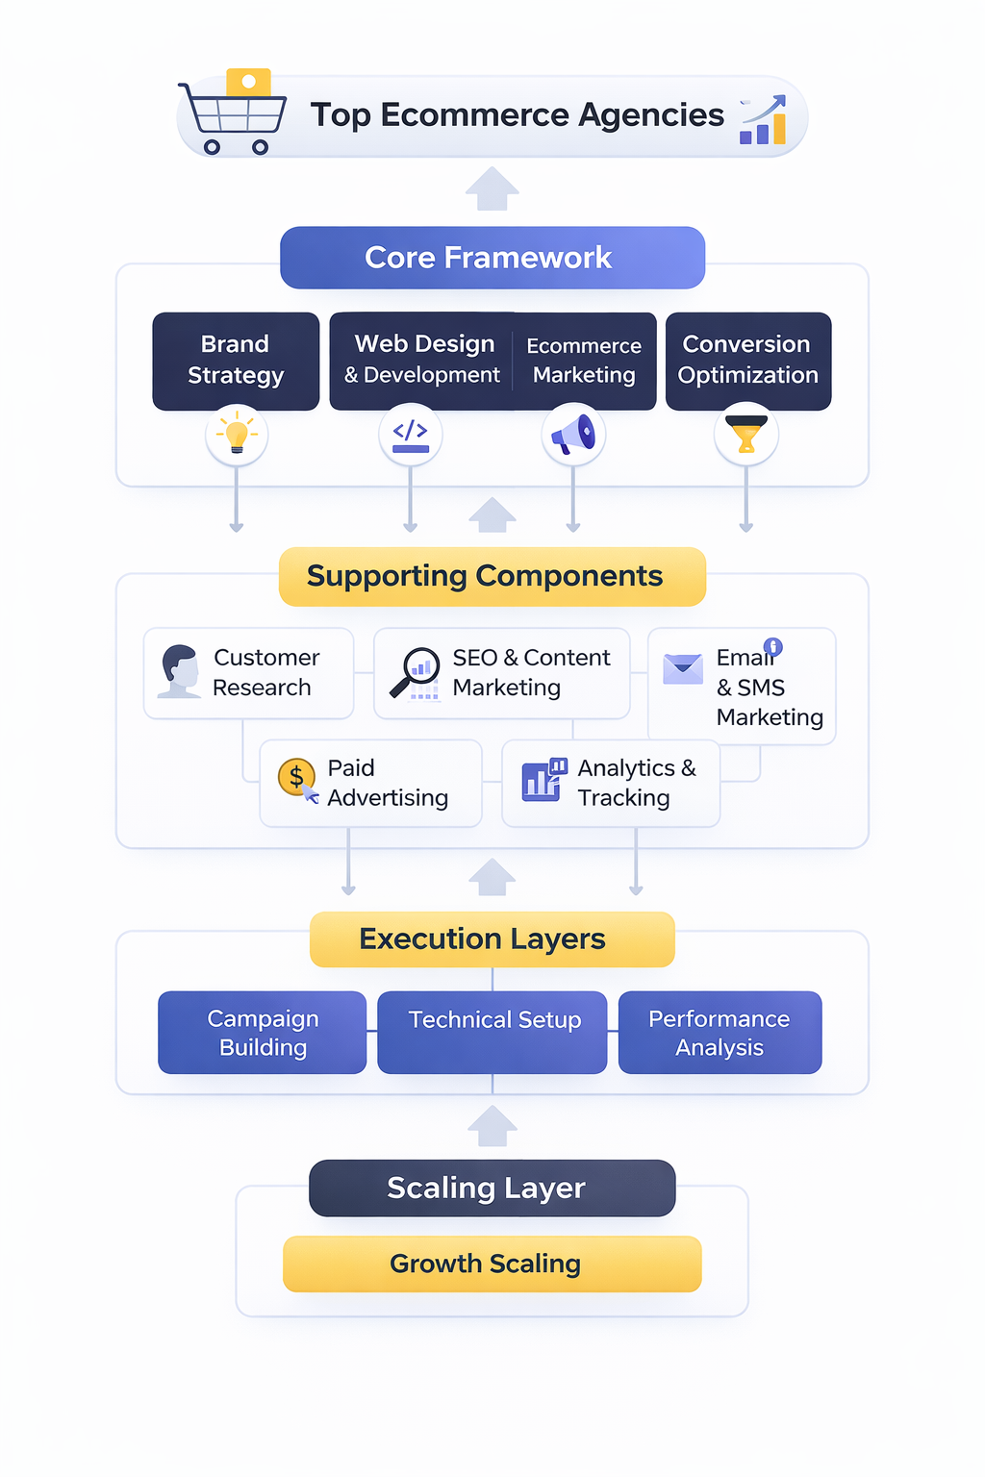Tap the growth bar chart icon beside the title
[x=764, y=121]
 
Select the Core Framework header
[x=492, y=258]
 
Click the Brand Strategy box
[x=236, y=361]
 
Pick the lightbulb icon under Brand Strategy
[x=237, y=434]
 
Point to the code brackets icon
[x=411, y=434]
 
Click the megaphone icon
[x=573, y=434]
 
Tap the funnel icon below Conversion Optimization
[x=746, y=434]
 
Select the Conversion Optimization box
[x=747, y=361]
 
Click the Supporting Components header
[x=492, y=576]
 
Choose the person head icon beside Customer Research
[x=179, y=671]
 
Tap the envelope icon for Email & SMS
[x=683, y=668]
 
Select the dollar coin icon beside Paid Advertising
[x=297, y=779]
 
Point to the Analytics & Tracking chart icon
[x=543, y=780]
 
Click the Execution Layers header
[x=492, y=939]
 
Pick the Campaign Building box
[x=263, y=1033]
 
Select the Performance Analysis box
[x=720, y=1033]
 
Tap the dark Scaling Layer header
[x=492, y=1188]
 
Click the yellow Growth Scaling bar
[x=492, y=1264]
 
